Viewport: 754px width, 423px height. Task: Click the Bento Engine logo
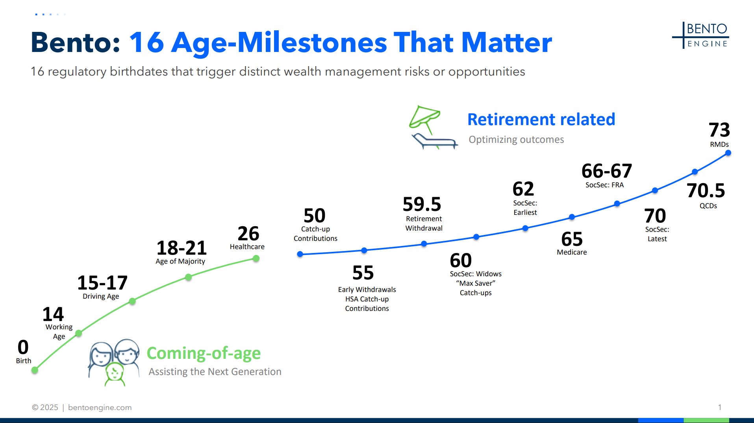click(700, 35)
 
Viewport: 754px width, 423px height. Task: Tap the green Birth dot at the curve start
click(35, 370)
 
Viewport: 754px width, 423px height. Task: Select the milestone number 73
click(719, 130)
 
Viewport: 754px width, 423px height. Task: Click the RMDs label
click(719, 144)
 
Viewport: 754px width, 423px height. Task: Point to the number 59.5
click(422, 204)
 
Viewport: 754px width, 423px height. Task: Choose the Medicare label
click(572, 252)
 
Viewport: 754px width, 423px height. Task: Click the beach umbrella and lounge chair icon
click(433, 127)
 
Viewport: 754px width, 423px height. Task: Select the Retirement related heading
click(541, 119)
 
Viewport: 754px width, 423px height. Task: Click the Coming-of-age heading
click(204, 353)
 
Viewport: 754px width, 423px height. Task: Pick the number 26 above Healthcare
click(248, 234)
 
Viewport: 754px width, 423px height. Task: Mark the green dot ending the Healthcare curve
click(256, 259)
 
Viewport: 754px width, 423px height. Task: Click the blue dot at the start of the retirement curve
click(300, 254)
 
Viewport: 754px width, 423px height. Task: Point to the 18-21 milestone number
click(182, 248)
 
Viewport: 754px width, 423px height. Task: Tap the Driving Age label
click(101, 296)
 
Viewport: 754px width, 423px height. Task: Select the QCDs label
click(708, 206)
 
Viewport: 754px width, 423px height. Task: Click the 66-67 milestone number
click(607, 171)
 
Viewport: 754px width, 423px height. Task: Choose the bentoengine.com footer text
click(100, 408)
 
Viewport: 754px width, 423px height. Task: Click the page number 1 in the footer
click(720, 407)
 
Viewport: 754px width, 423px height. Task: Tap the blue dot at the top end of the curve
click(728, 153)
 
